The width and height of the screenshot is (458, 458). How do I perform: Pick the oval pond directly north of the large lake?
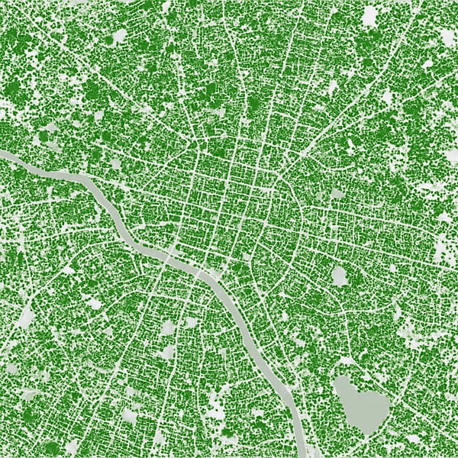pos(340,276)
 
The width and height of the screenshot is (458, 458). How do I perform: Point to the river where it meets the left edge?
pos(3,154)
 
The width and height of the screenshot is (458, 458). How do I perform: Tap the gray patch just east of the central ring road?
pos(337,194)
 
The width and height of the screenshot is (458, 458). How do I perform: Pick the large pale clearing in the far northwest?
pos(118,37)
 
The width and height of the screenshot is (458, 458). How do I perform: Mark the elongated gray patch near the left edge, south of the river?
pos(27,317)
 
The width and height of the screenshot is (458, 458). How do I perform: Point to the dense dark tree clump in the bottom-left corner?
pos(31,416)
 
